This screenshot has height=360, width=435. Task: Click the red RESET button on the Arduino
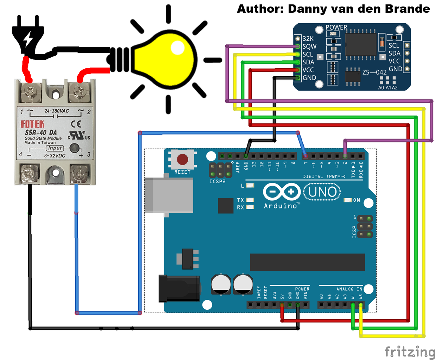(182, 159)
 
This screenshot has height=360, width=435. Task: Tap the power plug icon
(28, 35)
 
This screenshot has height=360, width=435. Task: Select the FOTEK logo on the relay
(33, 124)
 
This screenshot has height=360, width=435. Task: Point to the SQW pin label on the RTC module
(309, 46)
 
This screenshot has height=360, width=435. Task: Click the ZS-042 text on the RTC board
(374, 72)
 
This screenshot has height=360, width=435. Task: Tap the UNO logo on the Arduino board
(322, 192)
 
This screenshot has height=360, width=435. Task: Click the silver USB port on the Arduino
(169, 195)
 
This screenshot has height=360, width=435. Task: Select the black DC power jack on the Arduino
(179, 289)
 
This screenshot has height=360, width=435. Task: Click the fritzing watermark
(409, 352)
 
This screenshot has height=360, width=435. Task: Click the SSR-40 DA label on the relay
(41, 133)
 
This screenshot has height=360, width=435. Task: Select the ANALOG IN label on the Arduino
(349, 289)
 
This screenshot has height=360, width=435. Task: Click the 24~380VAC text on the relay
(57, 111)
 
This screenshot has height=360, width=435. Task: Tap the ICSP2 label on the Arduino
(217, 181)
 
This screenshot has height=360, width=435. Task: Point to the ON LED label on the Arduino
(357, 200)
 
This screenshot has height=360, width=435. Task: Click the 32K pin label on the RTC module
(308, 39)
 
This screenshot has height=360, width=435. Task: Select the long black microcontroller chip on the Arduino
(307, 262)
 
